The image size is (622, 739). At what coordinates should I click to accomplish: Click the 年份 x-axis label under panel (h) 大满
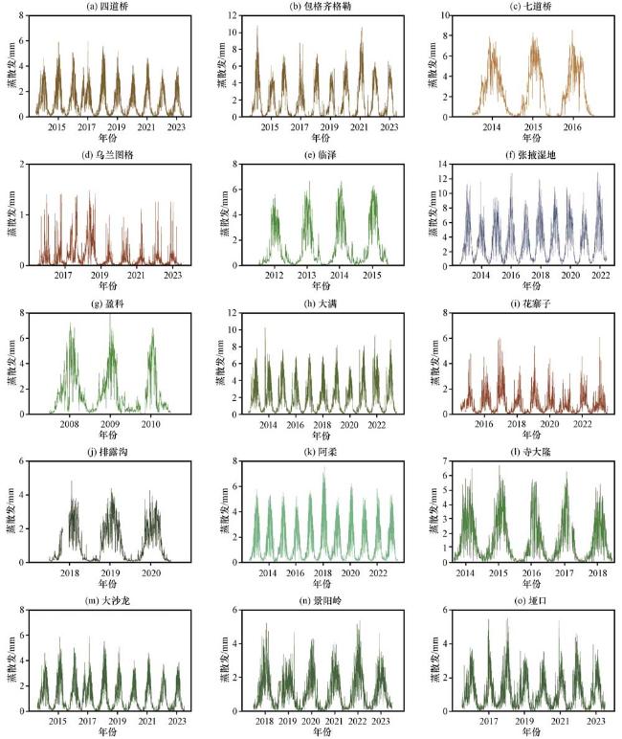click(x=312, y=436)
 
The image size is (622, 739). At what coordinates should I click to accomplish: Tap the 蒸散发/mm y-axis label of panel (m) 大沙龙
click(x=10, y=661)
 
